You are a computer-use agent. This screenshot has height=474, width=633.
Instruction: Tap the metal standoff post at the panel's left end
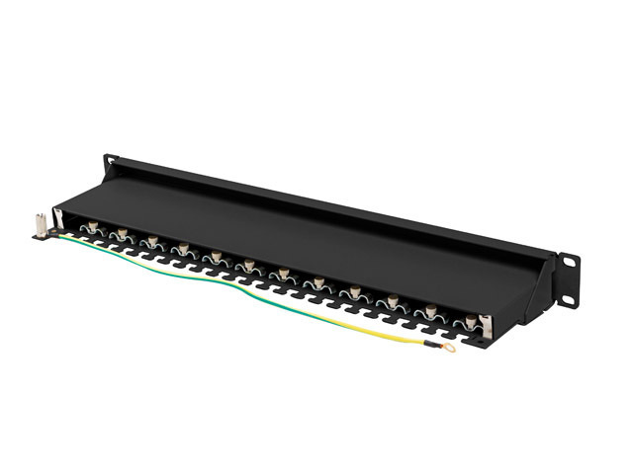tap(37, 226)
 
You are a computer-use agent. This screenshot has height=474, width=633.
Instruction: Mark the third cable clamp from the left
tap(151, 242)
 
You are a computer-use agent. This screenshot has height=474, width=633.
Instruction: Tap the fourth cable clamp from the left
tap(182, 249)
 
